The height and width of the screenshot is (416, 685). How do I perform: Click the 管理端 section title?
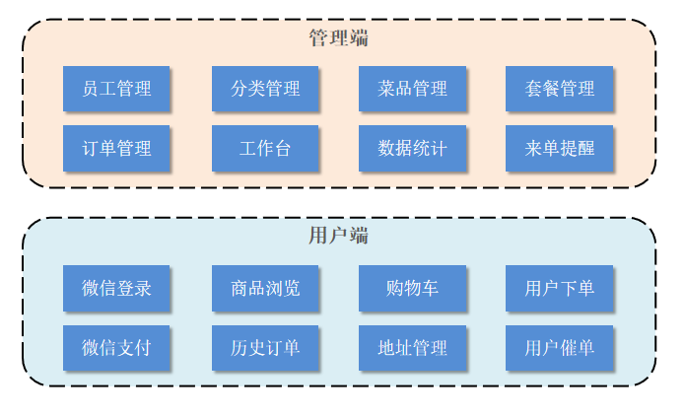click(x=338, y=38)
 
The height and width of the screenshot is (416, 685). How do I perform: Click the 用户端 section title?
click(x=338, y=236)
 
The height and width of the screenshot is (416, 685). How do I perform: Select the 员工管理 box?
click(x=116, y=89)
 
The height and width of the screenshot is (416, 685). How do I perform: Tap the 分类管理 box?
click(x=265, y=89)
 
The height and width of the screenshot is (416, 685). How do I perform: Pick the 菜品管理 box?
click(x=412, y=89)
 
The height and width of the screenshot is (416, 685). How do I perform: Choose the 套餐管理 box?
click(x=560, y=89)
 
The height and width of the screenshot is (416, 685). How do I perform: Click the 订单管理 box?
click(x=116, y=149)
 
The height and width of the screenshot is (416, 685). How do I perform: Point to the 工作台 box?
click(x=265, y=149)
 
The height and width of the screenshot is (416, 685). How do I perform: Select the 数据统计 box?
click(x=412, y=149)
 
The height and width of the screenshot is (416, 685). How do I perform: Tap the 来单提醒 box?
click(x=560, y=149)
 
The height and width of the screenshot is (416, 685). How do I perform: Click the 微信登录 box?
click(x=116, y=288)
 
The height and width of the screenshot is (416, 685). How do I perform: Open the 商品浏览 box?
click(x=265, y=288)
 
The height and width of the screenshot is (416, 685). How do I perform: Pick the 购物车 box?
click(x=412, y=288)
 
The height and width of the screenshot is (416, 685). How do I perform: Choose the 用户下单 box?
click(x=560, y=288)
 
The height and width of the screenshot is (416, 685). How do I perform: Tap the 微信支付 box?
click(x=116, y=348)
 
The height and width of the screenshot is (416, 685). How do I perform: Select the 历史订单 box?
click(x=265, y=348)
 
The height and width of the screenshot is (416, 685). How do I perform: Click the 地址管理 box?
click(x=412, y=348)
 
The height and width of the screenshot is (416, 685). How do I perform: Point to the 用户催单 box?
click(x=560, y=348)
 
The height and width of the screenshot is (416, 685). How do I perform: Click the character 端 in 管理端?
click(x=359, y=38)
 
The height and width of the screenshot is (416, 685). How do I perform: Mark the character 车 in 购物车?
click(x=430, y=288)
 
